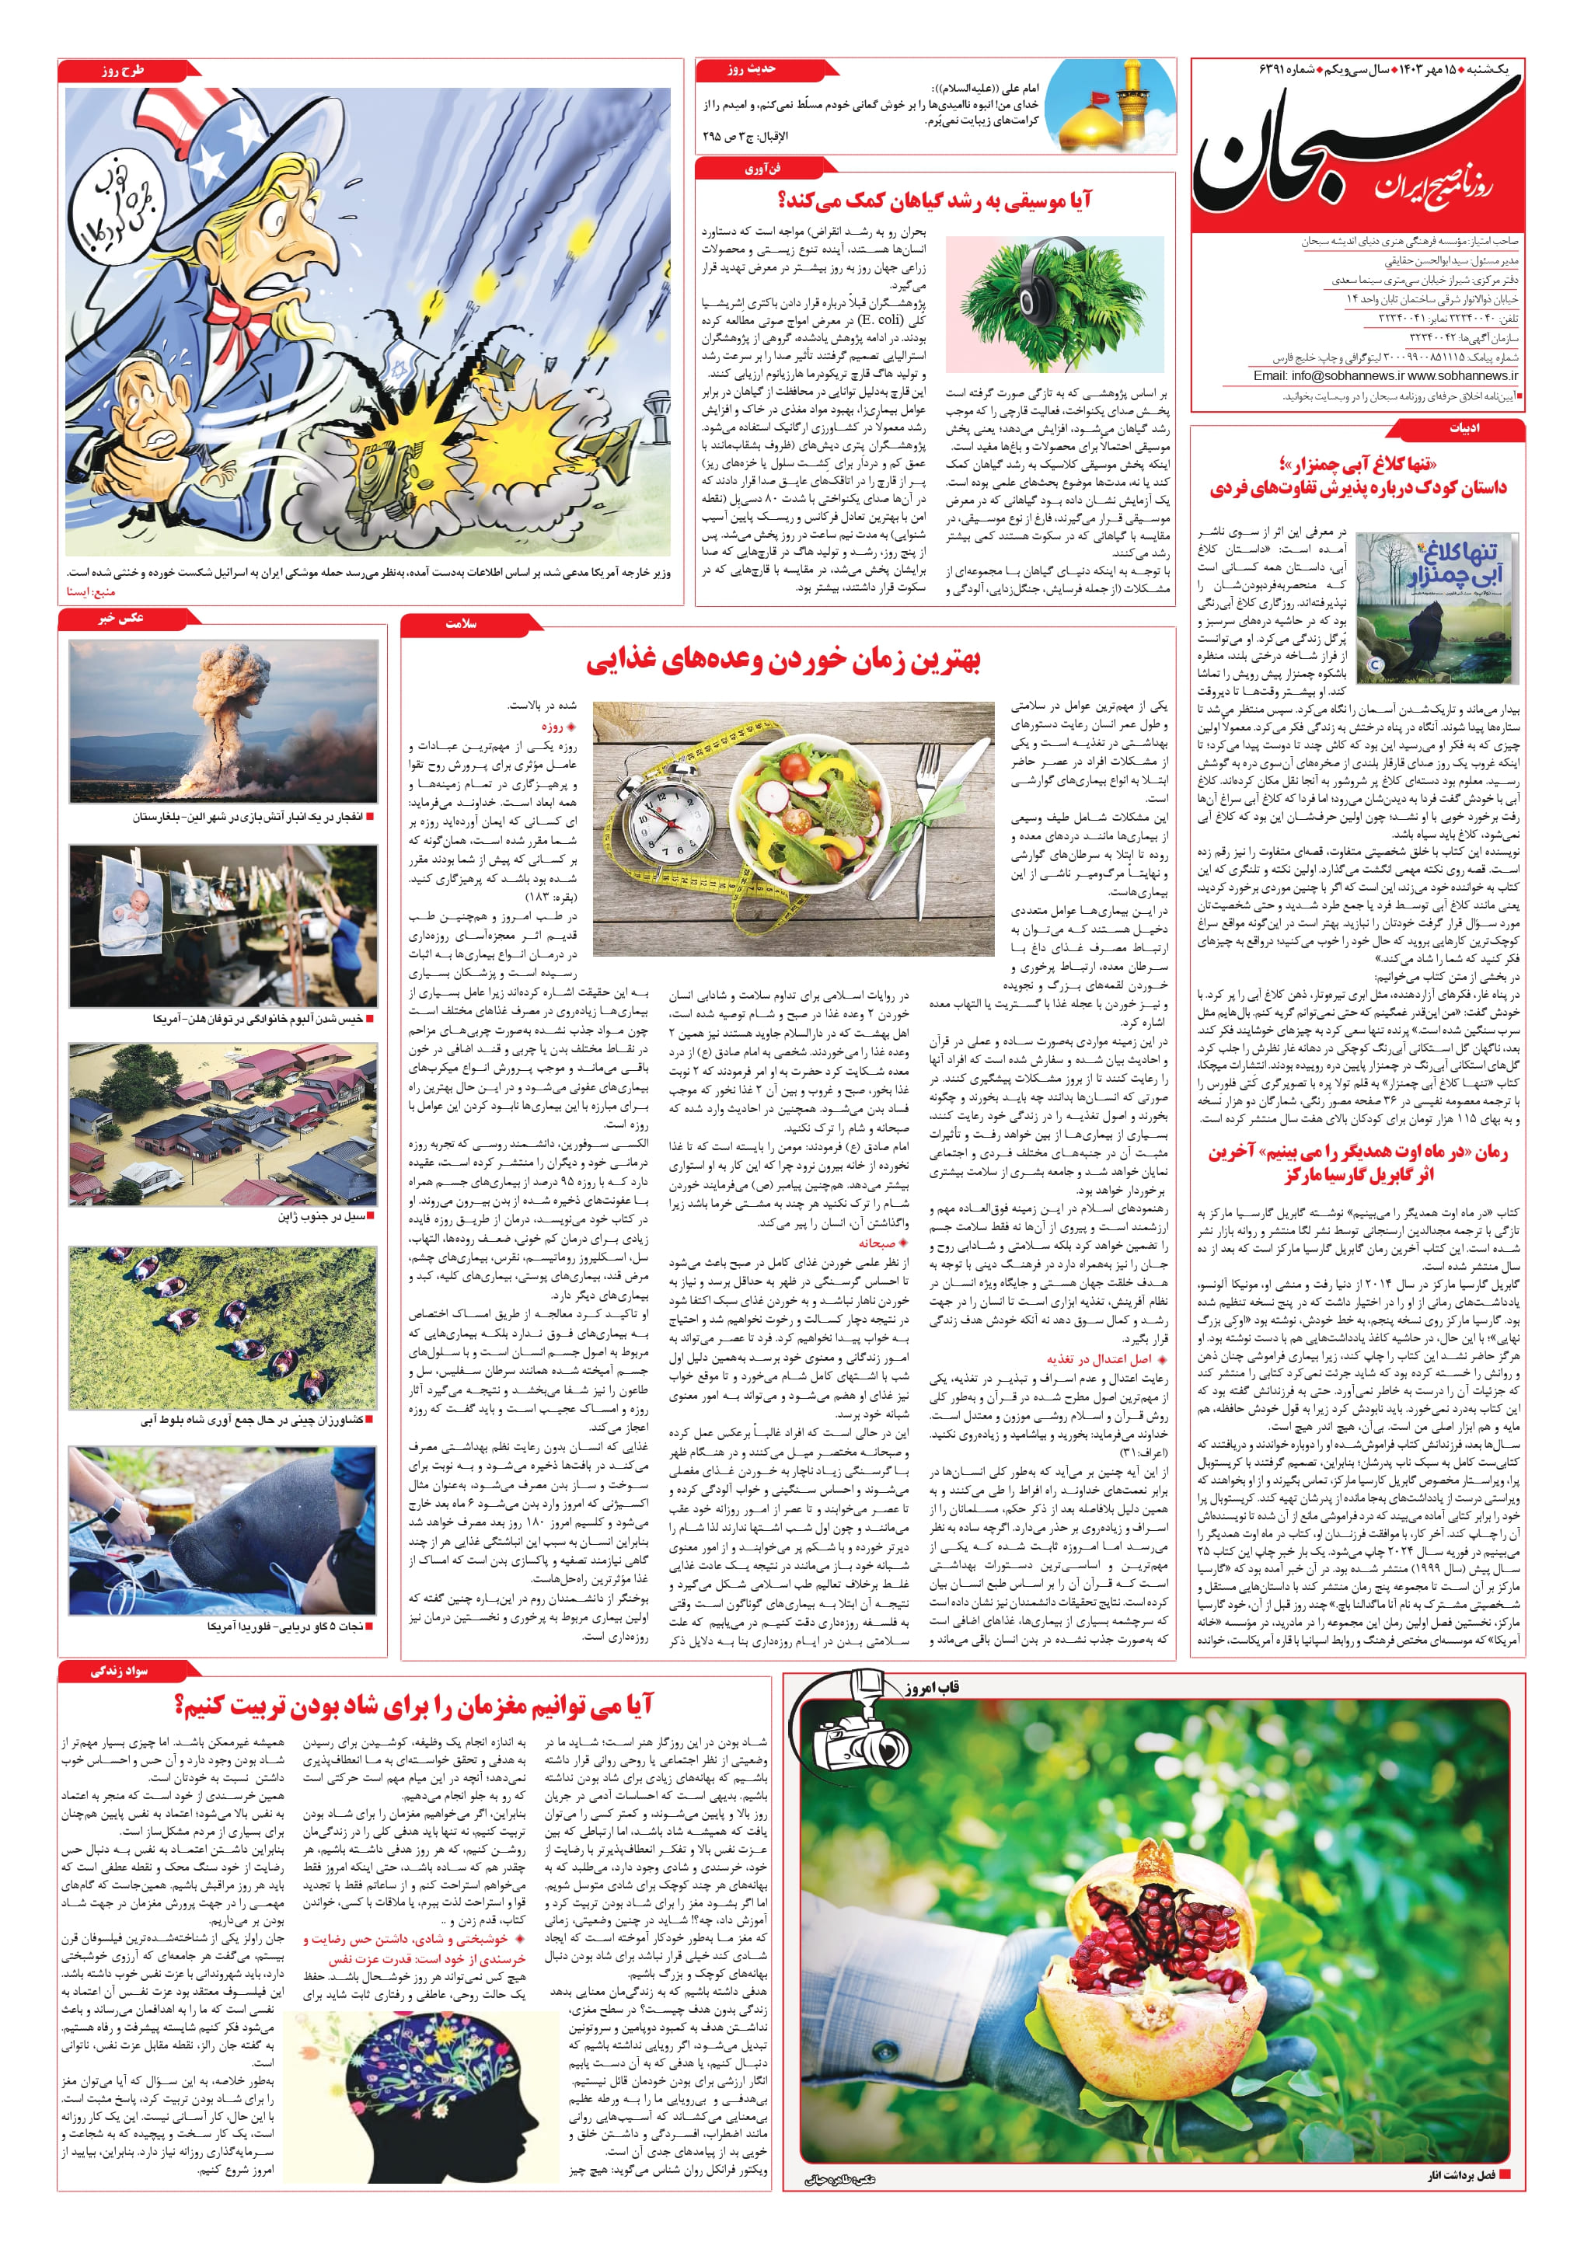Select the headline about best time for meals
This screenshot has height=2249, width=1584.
[x=783, y=661]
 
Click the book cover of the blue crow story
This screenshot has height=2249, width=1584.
[x=1437, y=607]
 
